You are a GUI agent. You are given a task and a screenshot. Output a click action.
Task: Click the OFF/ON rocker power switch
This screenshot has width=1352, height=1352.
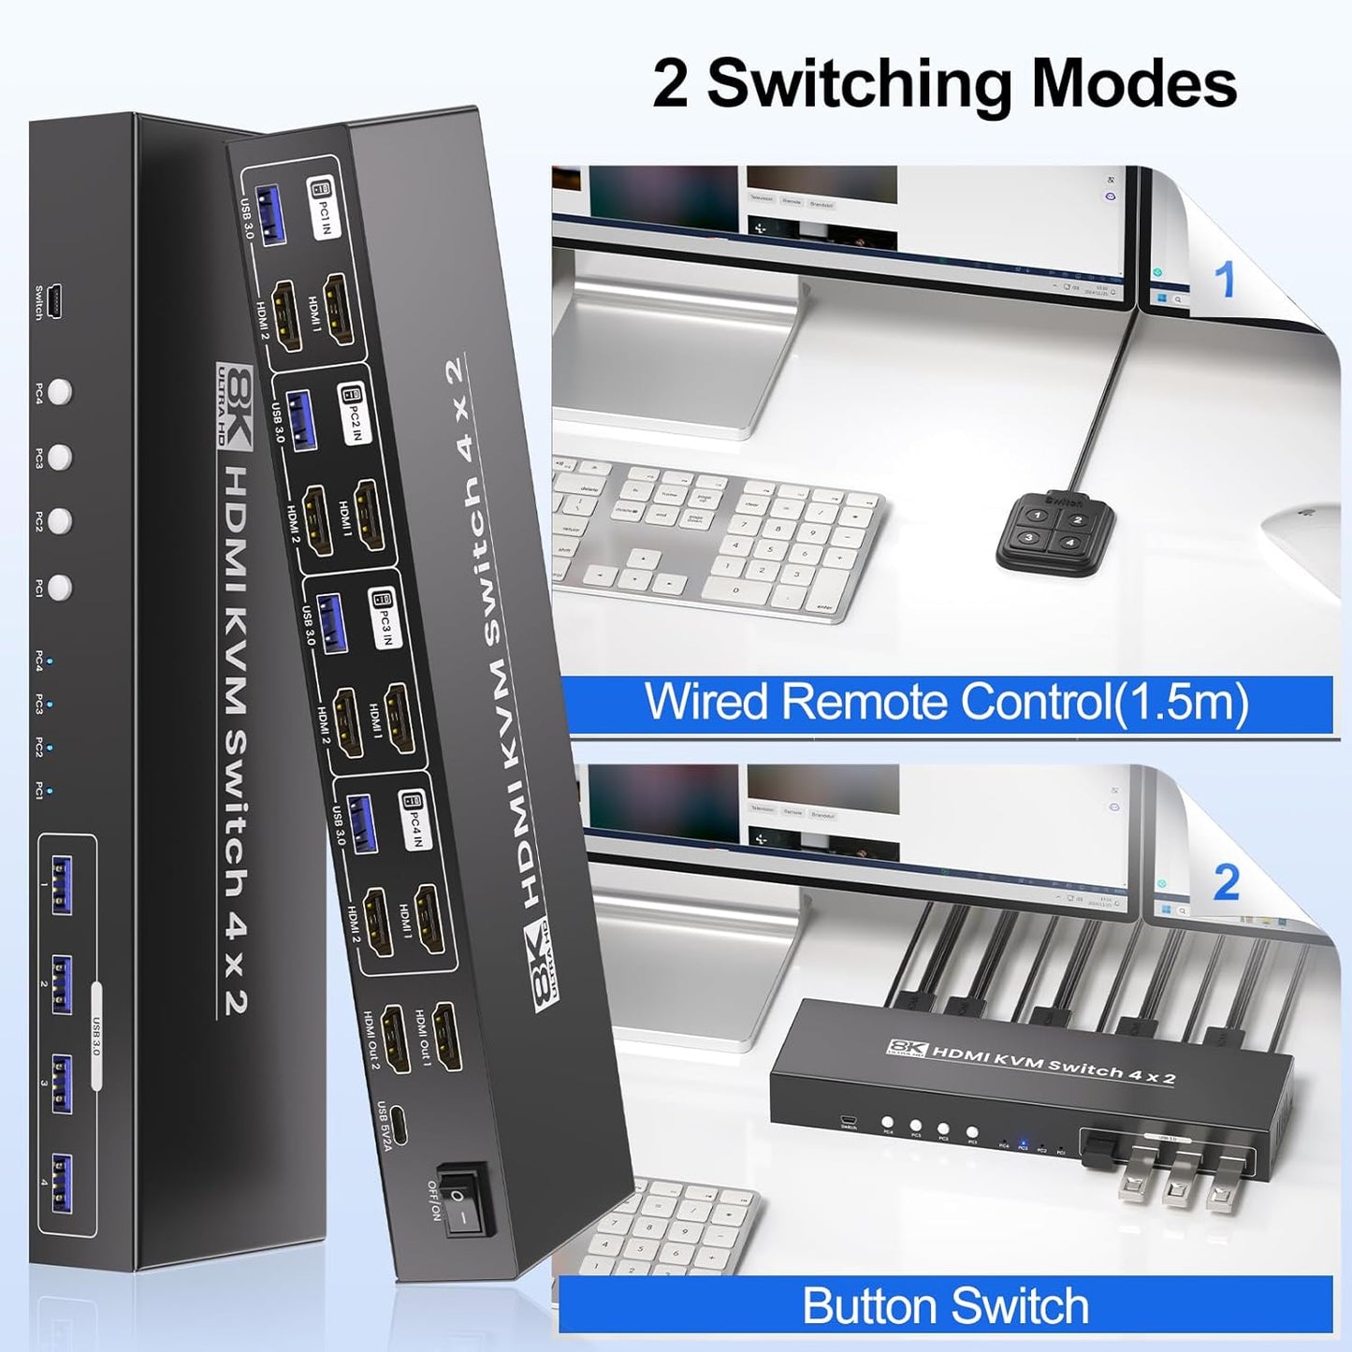464,1199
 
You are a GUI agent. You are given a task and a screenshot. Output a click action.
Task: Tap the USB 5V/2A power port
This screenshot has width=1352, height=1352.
400,1125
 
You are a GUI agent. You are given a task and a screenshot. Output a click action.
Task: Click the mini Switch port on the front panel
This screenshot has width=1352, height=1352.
57,301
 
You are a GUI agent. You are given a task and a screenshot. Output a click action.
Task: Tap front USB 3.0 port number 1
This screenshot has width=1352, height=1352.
60,884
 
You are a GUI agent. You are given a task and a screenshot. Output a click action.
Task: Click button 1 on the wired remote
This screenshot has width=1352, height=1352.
1037,515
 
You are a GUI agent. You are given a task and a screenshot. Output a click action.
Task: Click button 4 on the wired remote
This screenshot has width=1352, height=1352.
1070,543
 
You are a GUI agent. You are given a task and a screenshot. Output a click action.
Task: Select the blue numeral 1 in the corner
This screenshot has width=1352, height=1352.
1225,280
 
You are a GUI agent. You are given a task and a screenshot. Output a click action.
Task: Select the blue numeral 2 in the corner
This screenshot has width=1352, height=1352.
1227,883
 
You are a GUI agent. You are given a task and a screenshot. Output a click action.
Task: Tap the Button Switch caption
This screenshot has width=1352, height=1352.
945,1306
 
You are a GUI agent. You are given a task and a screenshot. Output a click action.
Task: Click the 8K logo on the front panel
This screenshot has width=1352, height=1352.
235,407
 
